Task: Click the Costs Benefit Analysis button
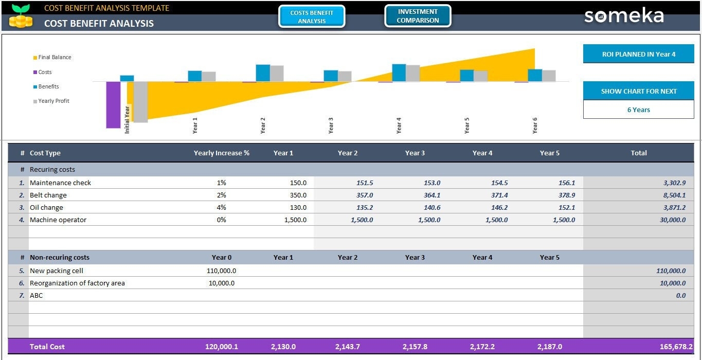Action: [x=312, y=16]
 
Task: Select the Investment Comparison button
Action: [x=418, y=16]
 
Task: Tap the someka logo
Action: [x=624, y=16]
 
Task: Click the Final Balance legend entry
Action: [x=54, y=57]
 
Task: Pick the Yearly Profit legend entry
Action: [x=53, y=101]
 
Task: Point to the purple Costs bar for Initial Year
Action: [x=113, y=104]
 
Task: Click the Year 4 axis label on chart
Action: [x=399, y=125]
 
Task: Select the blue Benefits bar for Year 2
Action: [x=263, y=73]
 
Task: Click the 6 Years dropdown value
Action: [x=638, y=110]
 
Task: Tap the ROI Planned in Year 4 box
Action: [x=638, y=54]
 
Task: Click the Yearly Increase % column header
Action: [x=221, y=153]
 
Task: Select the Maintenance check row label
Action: [x=60, y=183]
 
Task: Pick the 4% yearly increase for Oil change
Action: [x=222, y=207]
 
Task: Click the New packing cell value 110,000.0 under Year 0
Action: [x=221, y=271]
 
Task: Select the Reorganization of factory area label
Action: [x=77, y=283]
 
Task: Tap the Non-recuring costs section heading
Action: [x=59, y=257]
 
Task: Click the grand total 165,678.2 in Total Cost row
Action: [x=676, y=347]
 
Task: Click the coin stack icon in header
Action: [x=21, y=21]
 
